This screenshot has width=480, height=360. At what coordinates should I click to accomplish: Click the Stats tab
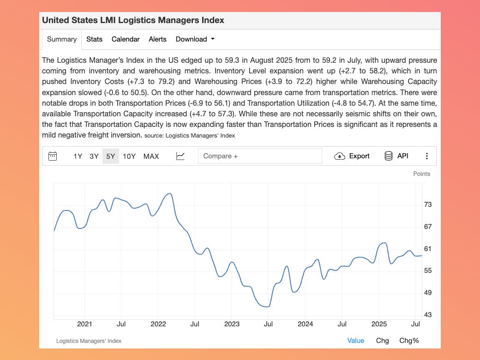[94, 39]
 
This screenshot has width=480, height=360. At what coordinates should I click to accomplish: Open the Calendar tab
[126, 39]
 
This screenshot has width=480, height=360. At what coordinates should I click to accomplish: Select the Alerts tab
[157, 39]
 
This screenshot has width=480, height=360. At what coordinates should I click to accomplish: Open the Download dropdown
[195, 39]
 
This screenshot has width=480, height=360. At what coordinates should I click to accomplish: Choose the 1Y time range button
[78, 156]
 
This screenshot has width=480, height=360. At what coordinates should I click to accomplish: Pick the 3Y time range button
[94, 156]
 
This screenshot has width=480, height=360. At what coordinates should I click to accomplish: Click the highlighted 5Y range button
[111, 156]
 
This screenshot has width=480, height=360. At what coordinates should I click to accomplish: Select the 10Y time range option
[129, 156]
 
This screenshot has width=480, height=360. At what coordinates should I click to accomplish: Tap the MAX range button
[151, 156]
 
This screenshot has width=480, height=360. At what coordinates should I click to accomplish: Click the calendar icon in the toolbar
[53, 156]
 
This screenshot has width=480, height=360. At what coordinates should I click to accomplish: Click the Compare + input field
[260, 156]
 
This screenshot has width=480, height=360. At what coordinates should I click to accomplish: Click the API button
[396, 156]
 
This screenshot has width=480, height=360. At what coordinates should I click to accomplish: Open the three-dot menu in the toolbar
[427, 156]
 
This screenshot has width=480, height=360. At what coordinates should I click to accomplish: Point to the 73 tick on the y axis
[428, 204]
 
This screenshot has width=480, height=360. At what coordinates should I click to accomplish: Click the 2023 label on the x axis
[232, 324]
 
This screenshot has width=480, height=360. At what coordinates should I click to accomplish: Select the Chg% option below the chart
[409, 341]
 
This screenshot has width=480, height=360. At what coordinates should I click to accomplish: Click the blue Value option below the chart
[355, 341]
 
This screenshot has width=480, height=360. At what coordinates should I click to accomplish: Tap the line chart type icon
[180, 156]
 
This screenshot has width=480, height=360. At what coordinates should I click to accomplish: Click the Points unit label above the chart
[421, 174]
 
